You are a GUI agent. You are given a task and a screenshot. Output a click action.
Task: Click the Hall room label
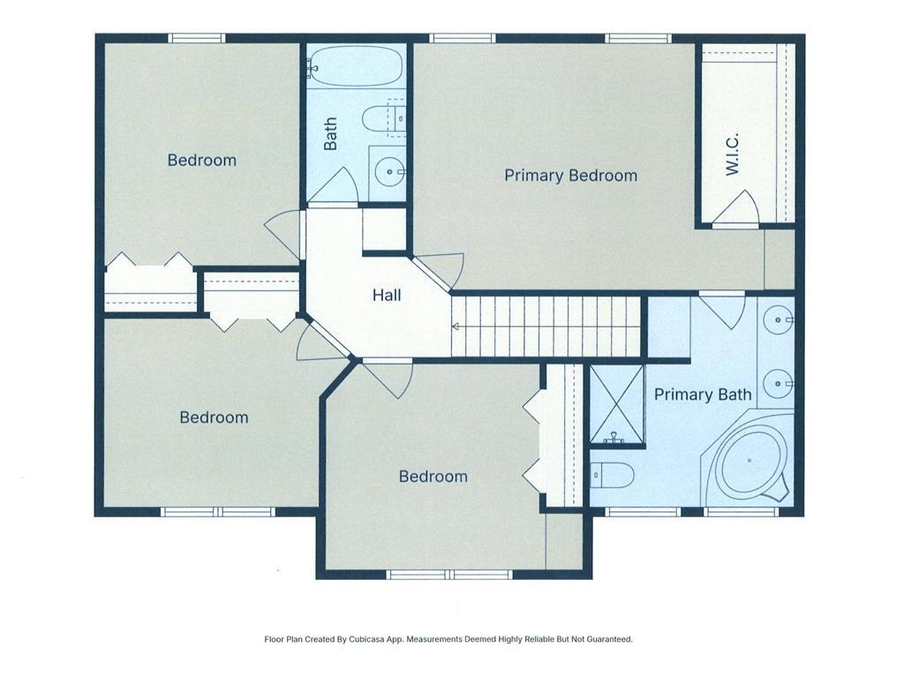click(x=387, y=295)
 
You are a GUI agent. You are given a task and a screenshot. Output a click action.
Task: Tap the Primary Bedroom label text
click(x=570, y=175)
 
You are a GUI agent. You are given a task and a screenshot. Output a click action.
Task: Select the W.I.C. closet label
click(x=732, y=155)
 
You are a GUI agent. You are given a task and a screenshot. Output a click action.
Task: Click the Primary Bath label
click(x=703, y=395)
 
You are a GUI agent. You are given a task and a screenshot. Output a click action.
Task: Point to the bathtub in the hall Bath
click(x=358, y=66)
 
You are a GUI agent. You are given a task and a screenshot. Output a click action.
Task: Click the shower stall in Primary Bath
click(x=616, y=403)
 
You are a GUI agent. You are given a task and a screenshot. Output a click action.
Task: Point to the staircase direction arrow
click(x=456, y=327)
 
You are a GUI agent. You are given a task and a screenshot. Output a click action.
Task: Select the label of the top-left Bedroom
click(x=202, y=160)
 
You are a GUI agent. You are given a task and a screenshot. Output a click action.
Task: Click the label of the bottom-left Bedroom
click(x=214, y=417)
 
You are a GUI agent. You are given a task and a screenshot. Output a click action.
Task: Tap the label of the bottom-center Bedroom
click(x=433, y=476)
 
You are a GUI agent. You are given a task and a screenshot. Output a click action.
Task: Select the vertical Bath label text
click(x=331, y=133)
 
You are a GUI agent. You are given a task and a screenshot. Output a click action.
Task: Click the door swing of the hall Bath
click(x=336, y=188)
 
